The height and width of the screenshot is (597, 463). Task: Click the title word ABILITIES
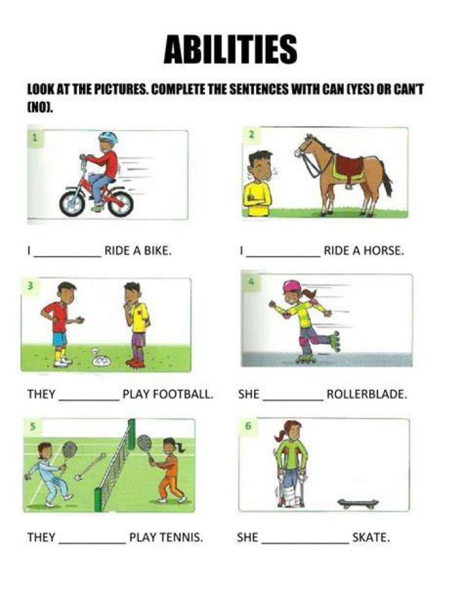click(230, 50)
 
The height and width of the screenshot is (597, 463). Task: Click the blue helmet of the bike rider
click(108, 138)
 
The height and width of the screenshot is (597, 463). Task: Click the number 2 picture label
click(251, 134)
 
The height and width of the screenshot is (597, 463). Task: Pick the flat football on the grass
click(101, 359)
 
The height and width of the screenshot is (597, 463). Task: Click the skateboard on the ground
click(358, 504)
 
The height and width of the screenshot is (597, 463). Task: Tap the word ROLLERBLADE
click(367, 394)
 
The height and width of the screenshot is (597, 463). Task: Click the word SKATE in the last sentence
click(371, 538)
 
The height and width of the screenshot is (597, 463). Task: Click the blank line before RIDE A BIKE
click(68, 257)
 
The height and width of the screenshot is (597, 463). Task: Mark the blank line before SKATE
click(305, 544)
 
